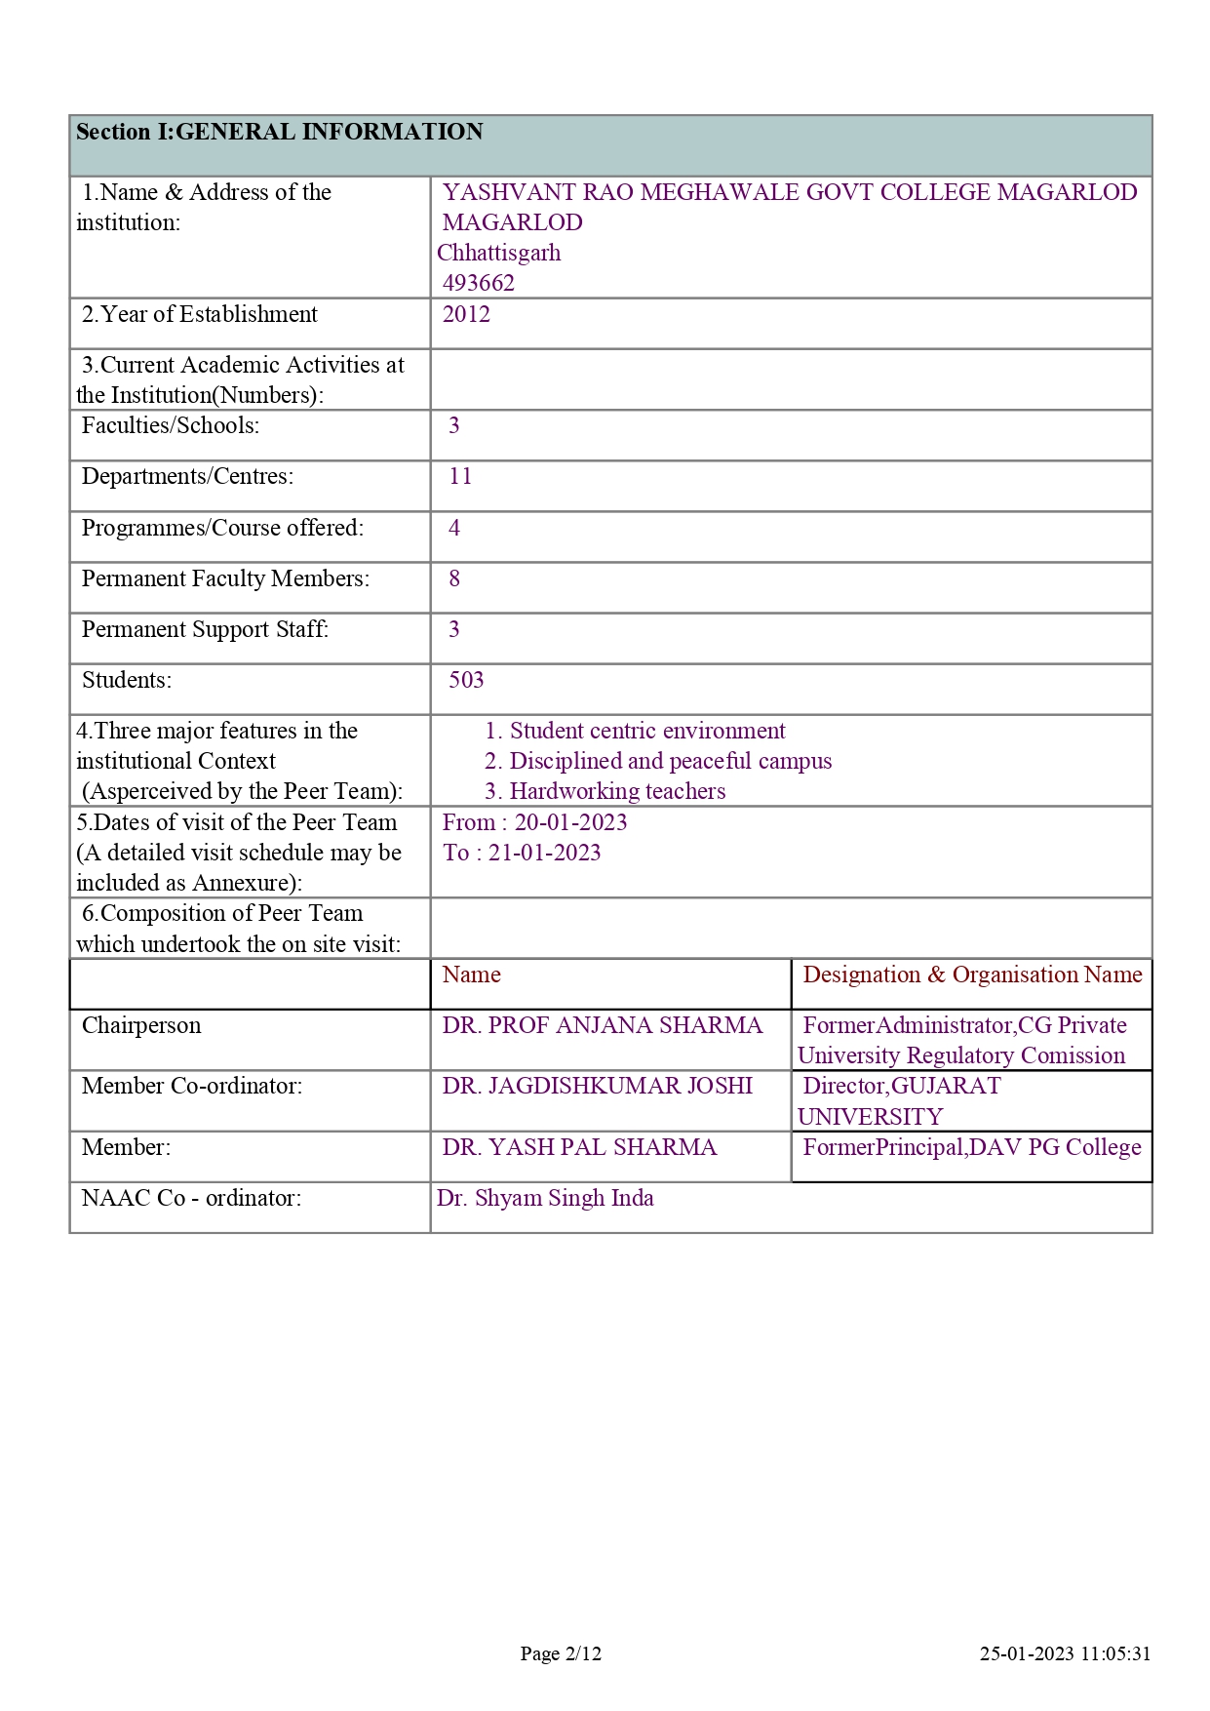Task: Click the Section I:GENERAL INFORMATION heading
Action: click(280, 133)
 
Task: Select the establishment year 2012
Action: click(466, 314)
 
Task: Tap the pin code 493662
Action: click(478, 283)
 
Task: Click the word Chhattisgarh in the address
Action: click(498, 253)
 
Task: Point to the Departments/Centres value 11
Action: click(460, 476)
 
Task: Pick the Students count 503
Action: click(466, 680)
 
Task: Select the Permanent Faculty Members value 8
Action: click(454, 578)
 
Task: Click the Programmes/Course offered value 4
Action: click(454, 528)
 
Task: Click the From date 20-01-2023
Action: click(570, 822)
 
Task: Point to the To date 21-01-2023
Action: click(544, 853)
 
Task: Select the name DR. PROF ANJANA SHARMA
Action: click(602, 1025)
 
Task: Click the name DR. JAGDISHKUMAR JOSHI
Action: click(597, 1086)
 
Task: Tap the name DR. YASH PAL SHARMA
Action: click(579, 1147)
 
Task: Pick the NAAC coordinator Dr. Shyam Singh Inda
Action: click(545, 1198)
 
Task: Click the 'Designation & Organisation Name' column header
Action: click(972, 975)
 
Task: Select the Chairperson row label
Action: click(141, 1025)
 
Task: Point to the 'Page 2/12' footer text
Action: click(561, 1653)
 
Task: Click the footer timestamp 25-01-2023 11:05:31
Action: click(1065, 1653)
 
